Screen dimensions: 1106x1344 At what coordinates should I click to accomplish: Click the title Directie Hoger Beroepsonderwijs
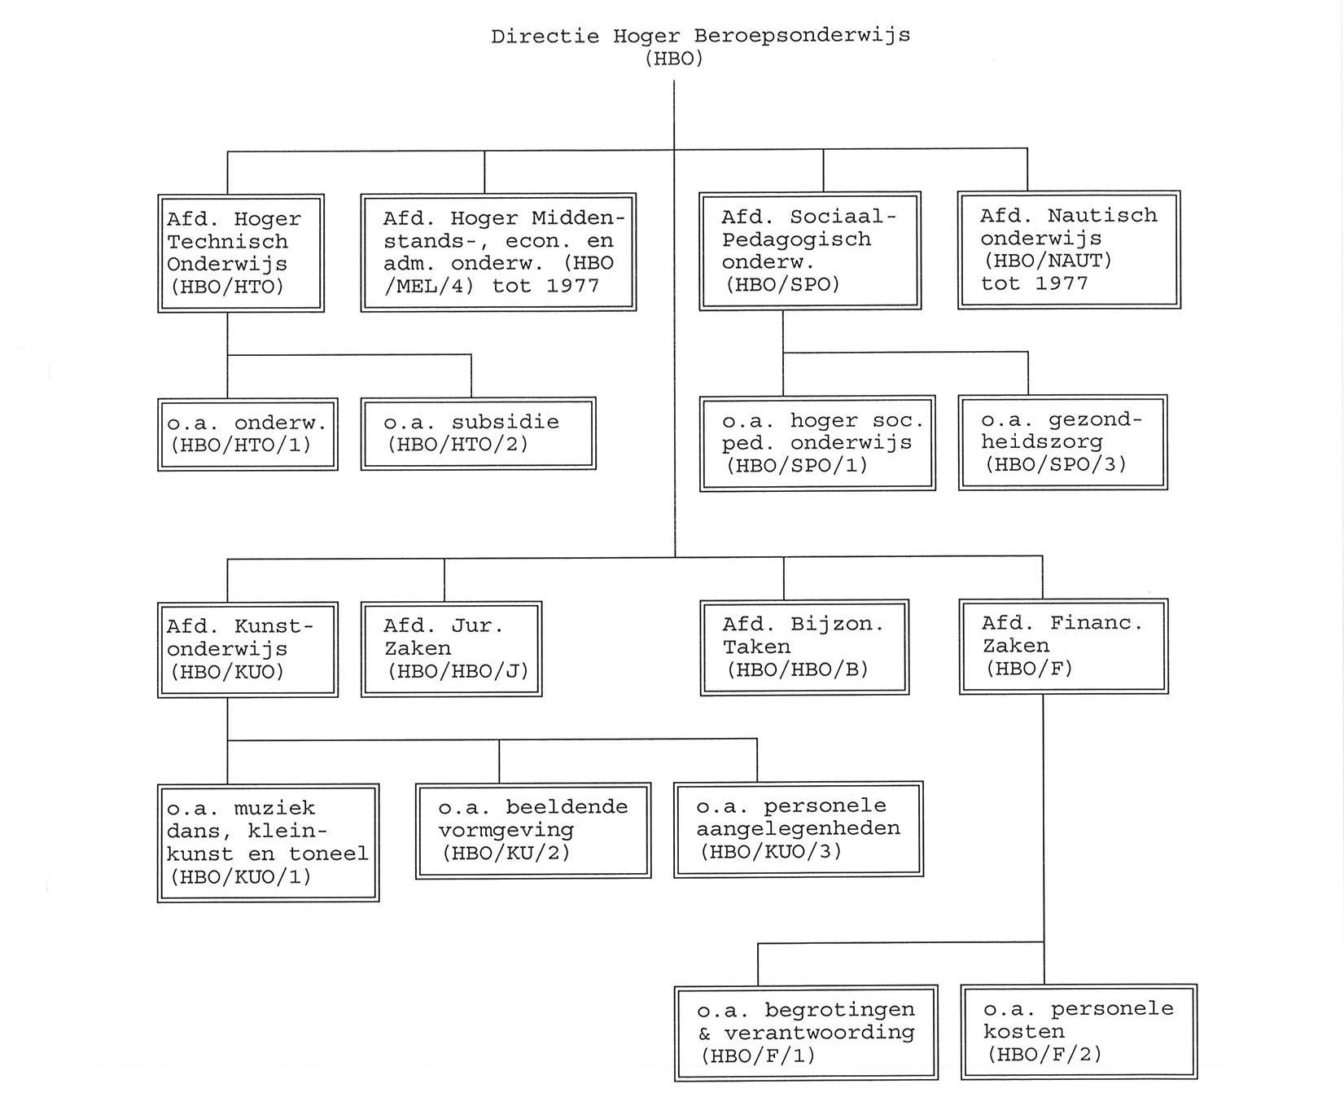pos(700,36)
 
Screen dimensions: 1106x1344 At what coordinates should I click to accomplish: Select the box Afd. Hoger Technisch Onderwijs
pos(241,253)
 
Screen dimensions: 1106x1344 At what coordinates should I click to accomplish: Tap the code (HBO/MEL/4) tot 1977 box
pos(498,252)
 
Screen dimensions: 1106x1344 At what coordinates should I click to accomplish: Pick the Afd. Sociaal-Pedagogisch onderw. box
pos(810,251)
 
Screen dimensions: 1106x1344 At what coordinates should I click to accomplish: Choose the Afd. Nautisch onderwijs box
pos(1069,250)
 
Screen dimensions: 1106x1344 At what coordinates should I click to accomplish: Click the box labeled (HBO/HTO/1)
pos(247,435)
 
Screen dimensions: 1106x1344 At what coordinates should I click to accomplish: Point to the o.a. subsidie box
pos(479,433)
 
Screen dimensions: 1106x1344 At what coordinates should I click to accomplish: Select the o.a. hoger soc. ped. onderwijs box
pos(817,443)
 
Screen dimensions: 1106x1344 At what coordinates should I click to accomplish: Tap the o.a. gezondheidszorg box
pos(1063,442)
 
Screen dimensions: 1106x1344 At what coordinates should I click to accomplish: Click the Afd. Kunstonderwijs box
pos(247,650)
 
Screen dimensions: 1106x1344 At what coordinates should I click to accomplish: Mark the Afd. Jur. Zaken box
pos(452,649)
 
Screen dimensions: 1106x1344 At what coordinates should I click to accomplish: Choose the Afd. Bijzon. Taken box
pos(804,647)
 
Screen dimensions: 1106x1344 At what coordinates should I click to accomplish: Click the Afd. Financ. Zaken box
pos(1064,647)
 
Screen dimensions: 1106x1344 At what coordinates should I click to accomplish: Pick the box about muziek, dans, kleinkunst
pos(268,843)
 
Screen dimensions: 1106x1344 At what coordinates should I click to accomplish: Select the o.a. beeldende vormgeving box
pos(533,831)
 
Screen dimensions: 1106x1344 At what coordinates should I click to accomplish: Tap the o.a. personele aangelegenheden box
pos(799,829)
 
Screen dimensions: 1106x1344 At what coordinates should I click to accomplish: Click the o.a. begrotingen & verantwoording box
pos(806,1033)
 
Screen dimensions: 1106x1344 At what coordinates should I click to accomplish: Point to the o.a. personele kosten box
pos(1079,1032)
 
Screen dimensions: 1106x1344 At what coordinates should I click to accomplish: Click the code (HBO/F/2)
pos(1044,1055)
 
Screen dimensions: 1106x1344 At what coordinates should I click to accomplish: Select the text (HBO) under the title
pos(673,59)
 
